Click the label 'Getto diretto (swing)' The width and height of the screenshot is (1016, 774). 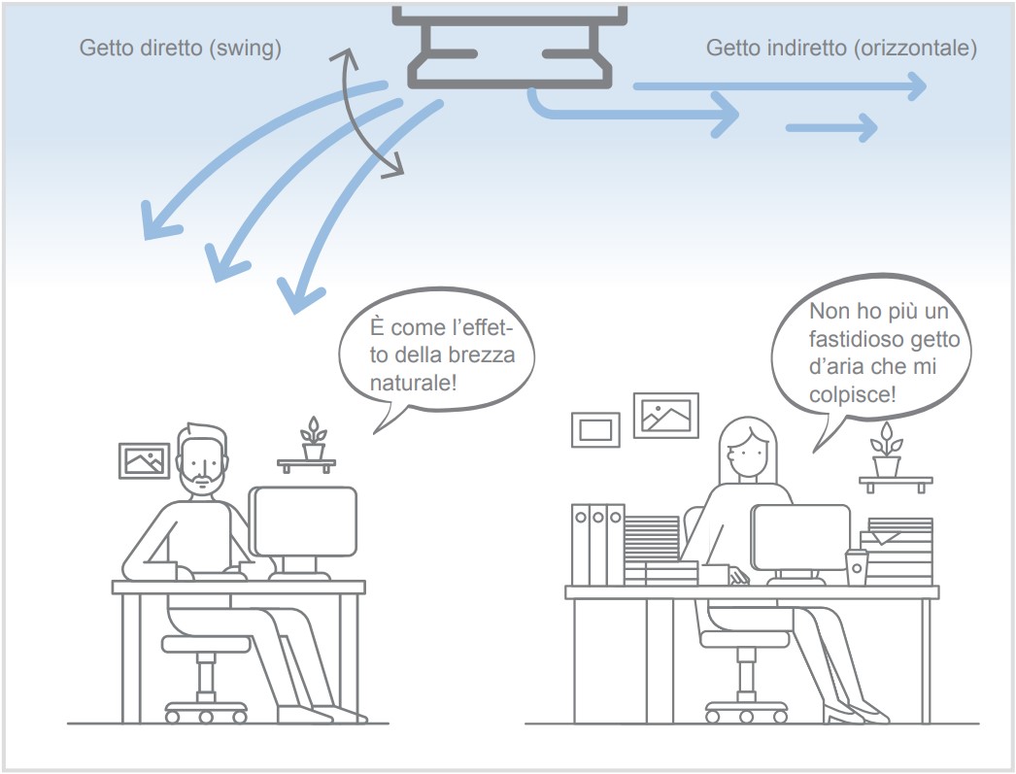pyautogui.click(x=180, y=49)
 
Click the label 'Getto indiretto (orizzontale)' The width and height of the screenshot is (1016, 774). pyautogui.click(x=841, y=49)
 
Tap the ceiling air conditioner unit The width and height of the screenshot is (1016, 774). pyautogui.click(x=510, y=48)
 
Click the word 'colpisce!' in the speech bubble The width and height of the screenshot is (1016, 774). pyautogui.click(x=852, y=394)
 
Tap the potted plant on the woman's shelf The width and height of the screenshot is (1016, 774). pyautogui.click(x=887, y=450)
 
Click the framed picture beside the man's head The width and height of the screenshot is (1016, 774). pyautogui.click(x=145, y=460)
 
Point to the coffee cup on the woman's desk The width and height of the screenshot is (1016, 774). pyautogui.click(x=857, y=567)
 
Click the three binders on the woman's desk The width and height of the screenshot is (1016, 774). pyautogui.click(x=598, y=545)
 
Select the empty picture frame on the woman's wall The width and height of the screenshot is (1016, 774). pyautogui.click(x=595, y=429)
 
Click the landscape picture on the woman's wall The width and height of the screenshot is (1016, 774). pyautogui.click(x=666, y=416)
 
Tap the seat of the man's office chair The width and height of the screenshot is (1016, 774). pyautogui.click(x=206, y=643)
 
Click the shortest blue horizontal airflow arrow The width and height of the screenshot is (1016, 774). pyautogui.click(x=831, y=127)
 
